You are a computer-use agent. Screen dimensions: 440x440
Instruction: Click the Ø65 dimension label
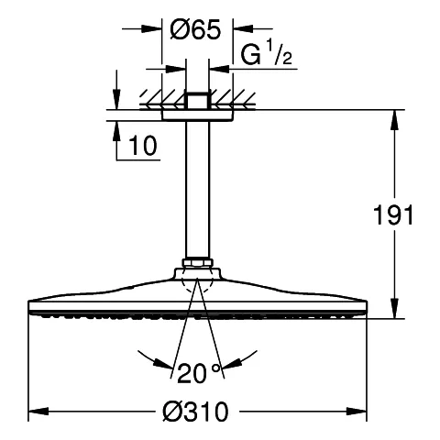tap(194, 29)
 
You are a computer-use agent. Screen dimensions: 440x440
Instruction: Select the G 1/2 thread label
tap(266, 56)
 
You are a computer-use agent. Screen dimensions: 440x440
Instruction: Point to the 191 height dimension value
tap(395, 215)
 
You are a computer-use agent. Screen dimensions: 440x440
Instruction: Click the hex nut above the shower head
tap(196, 266)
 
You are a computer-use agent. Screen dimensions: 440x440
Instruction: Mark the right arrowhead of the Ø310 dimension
tap(360, 410)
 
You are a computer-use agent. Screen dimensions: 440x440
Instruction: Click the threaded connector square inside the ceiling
tap(196, 100)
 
